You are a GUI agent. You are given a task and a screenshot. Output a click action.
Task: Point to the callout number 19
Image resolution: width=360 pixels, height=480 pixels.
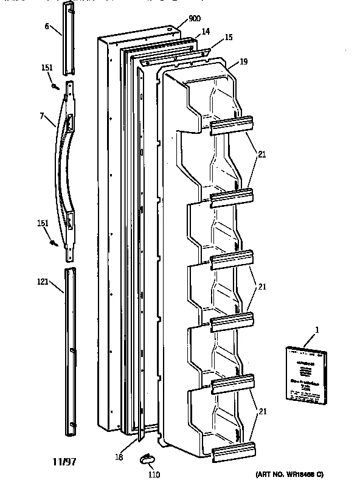(243, 61)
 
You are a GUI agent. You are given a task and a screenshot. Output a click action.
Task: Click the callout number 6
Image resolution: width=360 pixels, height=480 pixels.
(47, 27)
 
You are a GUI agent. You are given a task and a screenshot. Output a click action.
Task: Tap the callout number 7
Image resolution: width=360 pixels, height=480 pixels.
(41, 116)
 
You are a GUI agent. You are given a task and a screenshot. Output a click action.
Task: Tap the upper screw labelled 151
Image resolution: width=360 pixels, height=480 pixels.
(55, 88)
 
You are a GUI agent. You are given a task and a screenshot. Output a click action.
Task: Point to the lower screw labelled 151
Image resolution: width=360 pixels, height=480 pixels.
(54, 243)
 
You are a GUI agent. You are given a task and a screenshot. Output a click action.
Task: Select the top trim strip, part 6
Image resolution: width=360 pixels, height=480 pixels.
(69, 27)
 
